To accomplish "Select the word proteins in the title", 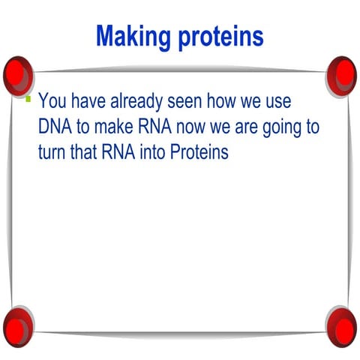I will pyautogui.click(x=221, y=35).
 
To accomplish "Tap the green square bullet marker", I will pyautogui.click(x=28, y=99).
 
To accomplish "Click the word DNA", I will pyautogui.click(x=54, y=126).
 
